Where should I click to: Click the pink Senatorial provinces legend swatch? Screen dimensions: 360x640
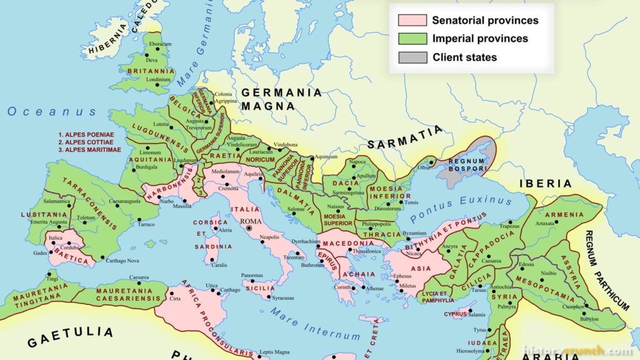tap(412, 20)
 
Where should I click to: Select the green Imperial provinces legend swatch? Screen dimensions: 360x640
tap(412, 39)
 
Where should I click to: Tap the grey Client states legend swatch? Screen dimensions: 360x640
tap(412, 57)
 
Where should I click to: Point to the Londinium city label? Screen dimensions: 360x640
tap(158, 80)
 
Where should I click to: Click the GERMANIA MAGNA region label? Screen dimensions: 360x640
tap(282, 99)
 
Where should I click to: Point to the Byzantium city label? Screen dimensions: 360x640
tap(416, 233)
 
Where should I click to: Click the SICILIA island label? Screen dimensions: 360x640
tap(261, 288)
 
